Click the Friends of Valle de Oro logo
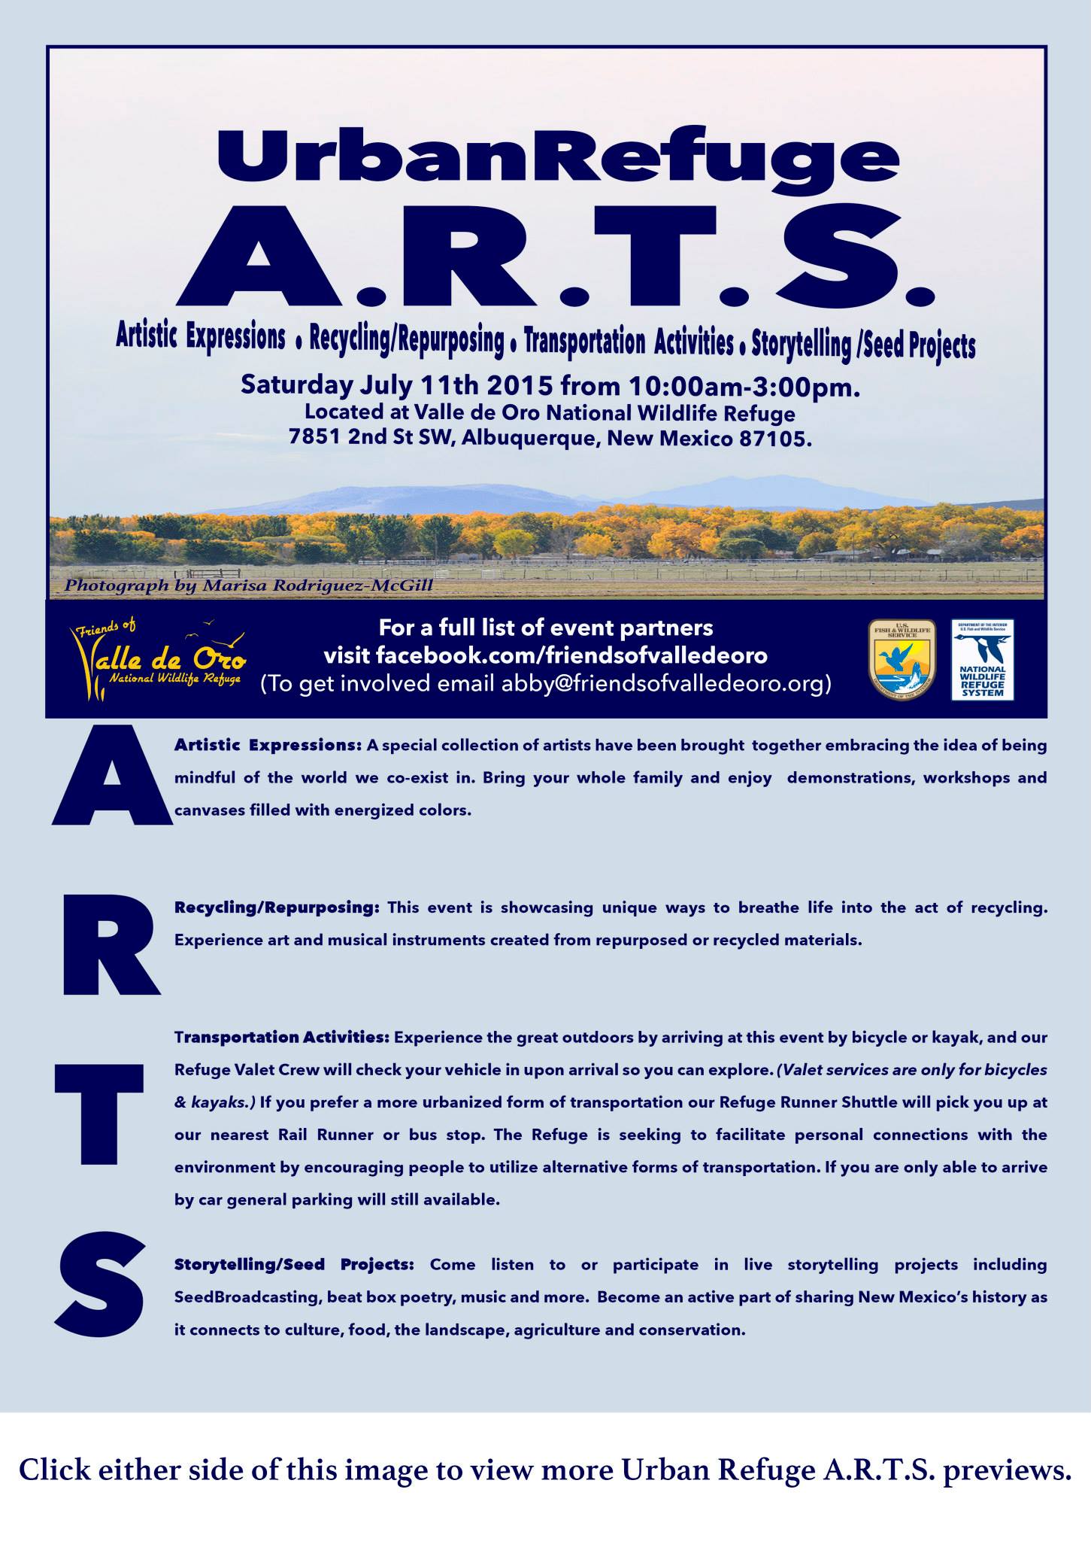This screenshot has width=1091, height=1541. click(159, 658)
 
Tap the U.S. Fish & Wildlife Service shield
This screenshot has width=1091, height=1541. click(902, 658)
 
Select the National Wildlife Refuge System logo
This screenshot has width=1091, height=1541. click(982, 658)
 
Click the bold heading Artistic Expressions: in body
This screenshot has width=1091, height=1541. click(268, 746)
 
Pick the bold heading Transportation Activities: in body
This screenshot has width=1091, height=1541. click(282, 1038)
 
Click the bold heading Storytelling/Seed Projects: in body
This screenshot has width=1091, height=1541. click(294, 1265)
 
